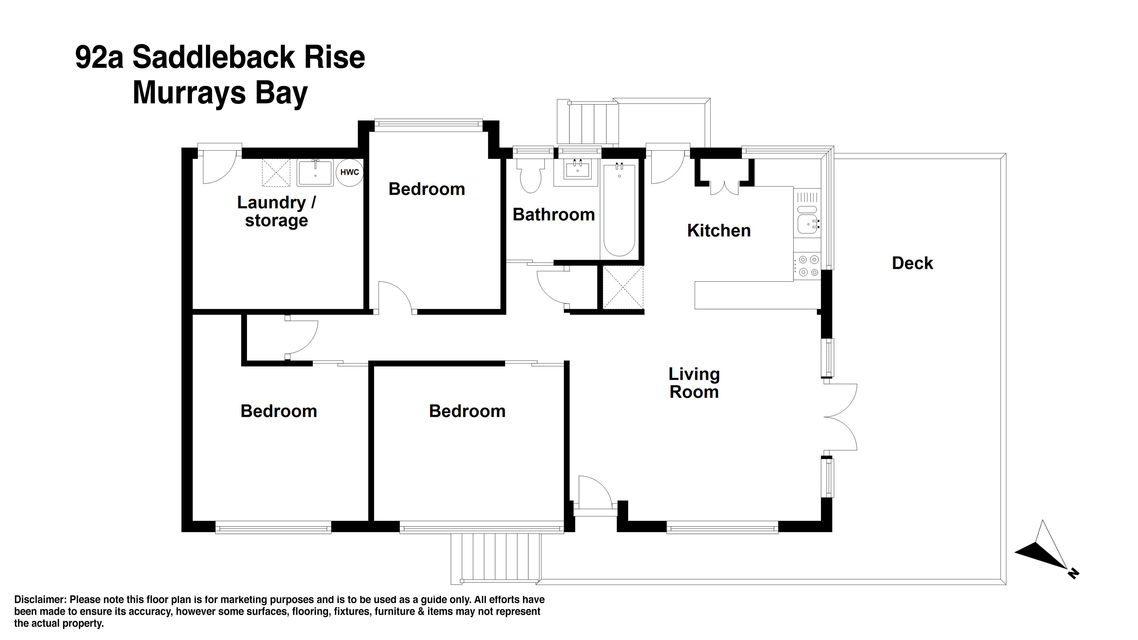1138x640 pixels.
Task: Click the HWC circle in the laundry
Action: (349, 172)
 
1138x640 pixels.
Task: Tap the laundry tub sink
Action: (315, 173)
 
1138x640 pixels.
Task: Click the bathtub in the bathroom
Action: (619, 210)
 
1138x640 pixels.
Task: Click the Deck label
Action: (912, 263)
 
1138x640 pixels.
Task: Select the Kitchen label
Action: (719, 231)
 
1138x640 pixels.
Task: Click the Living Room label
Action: (694, 383)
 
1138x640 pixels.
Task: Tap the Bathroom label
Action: (554, 215)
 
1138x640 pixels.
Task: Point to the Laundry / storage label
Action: (276, 211)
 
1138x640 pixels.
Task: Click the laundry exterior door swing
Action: (219, 168)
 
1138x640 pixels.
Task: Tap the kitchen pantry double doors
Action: (725, 188)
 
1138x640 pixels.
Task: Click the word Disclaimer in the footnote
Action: (40, 599)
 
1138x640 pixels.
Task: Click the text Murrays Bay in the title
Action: (220, 93)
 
